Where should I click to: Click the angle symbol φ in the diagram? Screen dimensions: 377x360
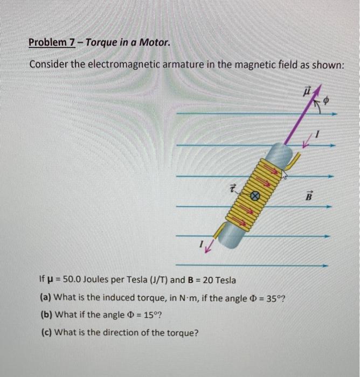[x=326, y=101]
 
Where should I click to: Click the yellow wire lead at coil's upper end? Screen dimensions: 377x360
[x=295, y=158]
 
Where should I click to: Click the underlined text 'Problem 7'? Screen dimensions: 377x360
[x=52, y=42]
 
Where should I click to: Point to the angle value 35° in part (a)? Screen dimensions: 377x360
[x=274, y=298]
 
